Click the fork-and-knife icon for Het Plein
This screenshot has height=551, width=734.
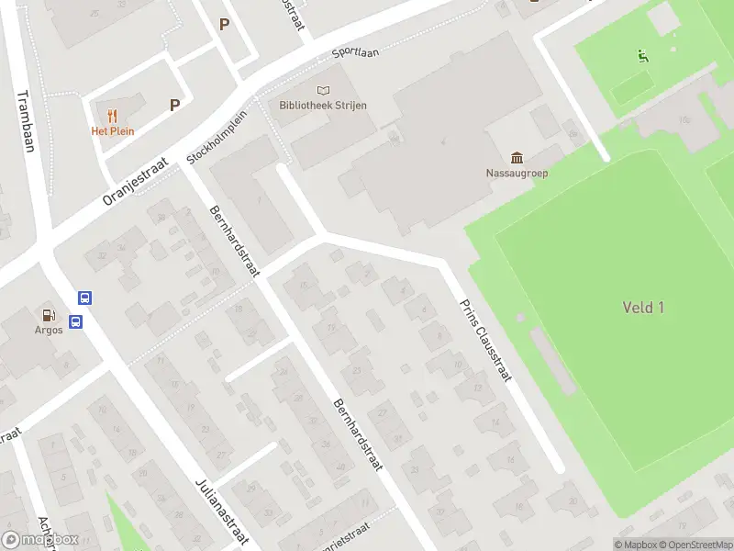point(112,116)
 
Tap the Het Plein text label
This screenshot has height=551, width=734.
point(112,131)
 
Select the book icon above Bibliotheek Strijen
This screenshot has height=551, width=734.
point(323,90)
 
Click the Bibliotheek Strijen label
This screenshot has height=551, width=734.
point(323,106)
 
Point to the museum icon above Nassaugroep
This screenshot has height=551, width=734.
point(517,157)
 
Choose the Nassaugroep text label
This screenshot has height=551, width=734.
point(517,173)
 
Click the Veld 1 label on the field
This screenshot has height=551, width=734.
point(642,308)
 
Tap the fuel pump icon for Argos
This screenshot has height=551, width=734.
point(49,315)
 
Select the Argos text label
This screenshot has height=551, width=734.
point(49,331)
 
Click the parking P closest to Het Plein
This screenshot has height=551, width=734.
point(174,106)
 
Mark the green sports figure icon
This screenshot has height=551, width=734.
point(643,56)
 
